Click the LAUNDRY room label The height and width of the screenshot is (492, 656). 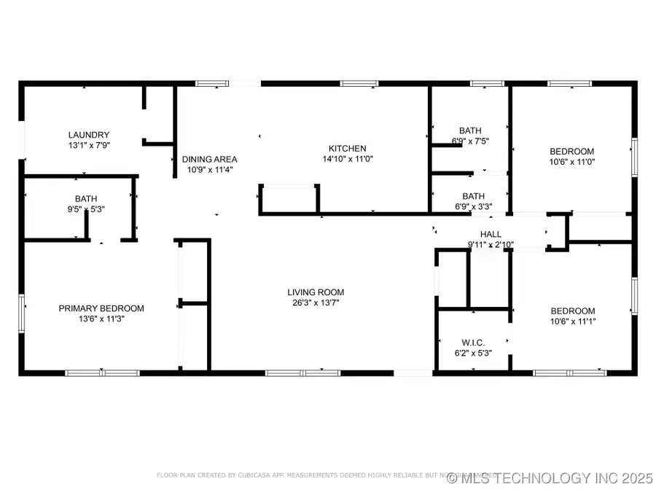[x=89, y=135]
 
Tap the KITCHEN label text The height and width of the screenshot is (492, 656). [x=347, y=149]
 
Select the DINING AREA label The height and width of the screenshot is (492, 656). [x=209, y=160]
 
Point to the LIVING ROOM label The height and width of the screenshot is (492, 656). [x=314, y=292]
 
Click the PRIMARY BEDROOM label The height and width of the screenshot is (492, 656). [x=101, y=308]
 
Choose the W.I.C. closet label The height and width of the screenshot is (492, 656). [x=473, y=343]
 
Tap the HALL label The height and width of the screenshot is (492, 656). [x=491, y=234]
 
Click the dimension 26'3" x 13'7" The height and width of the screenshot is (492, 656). [x=314, y=302]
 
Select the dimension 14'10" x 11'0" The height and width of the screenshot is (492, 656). [x=347, y=159]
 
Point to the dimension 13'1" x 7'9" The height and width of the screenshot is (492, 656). [x=89, y=145]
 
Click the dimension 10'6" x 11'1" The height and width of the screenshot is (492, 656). [x=572, y=321]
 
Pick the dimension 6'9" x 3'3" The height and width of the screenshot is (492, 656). [x=473, y=206]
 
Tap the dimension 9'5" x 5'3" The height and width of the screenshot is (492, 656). [x=85, y=209]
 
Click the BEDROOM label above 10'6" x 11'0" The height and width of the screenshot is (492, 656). [x=571, y=152]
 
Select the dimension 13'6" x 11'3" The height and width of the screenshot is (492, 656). [x=101, y=319]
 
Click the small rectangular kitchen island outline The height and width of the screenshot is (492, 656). [x=289, y=198]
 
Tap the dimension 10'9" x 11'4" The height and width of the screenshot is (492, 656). [x=209, y=170]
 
